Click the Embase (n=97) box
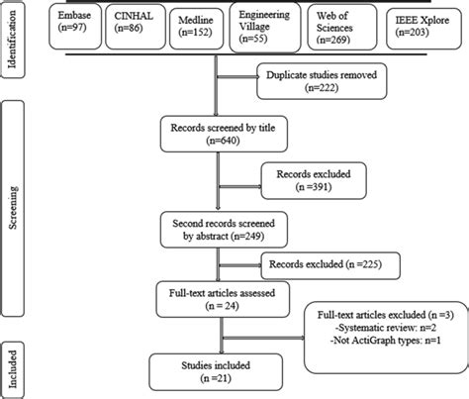(75, 27)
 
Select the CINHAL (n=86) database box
(136, 27)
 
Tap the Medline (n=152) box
(196, 29)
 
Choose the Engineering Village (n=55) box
(265, 27)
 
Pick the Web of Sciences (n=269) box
(342, 27)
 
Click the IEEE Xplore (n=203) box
(423, 29)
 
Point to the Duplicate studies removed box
(322, 81)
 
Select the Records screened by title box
(224, 134)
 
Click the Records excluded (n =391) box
(314, 180)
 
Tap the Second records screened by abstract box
(224, 230)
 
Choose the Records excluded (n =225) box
(330, 265)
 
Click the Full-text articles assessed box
(223, 299)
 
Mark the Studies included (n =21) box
(216, 372)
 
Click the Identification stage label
(12, 39)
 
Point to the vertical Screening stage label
(12, 208)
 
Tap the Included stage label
(12, 369)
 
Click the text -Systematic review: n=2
(385, 328)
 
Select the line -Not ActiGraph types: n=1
(385, 341)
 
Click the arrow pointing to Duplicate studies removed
(238, 77)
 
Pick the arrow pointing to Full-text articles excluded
(264, 338)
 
